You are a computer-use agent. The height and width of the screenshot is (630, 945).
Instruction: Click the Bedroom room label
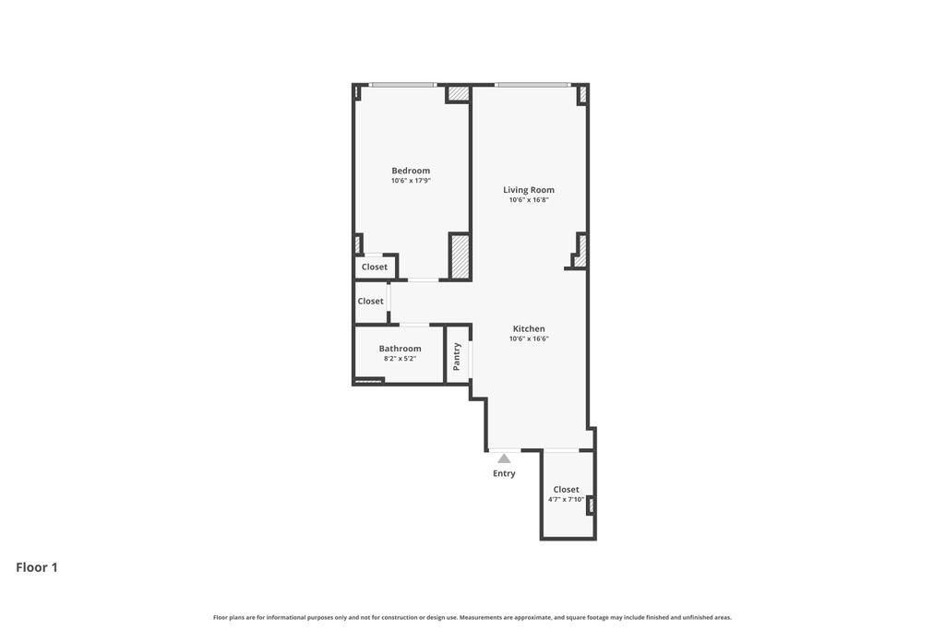(411, 171)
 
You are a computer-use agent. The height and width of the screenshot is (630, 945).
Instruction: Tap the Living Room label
(529, 190)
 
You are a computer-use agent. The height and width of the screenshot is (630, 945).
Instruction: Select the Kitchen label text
(529, 329)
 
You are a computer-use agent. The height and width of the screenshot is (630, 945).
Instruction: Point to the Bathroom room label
(400, 349)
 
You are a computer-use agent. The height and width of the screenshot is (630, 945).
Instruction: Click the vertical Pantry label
(457, 356)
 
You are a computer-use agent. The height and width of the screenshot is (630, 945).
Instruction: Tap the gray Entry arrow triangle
(504, 458)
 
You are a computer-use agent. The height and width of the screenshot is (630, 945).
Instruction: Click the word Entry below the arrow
(504, 473)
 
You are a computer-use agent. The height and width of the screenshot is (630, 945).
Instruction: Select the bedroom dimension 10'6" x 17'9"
(411, 181)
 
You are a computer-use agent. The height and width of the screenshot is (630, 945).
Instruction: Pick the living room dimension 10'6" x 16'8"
(529, 200)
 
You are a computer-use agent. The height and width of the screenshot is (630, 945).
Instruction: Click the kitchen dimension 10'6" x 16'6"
(529, 339)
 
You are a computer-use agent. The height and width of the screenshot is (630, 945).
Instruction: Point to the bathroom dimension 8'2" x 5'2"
(400, 359)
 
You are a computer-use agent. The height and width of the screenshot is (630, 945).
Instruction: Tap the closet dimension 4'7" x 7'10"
(566, 500)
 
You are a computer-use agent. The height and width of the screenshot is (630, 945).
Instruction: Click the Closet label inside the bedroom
(375, 267)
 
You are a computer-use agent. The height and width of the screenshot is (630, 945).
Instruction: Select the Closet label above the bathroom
(370, 301)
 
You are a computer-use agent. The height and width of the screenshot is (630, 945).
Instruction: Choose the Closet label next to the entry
(566, 490)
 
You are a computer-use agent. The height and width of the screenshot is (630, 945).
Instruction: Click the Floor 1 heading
(37, 567)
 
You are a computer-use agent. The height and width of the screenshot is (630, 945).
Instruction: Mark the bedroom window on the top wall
(402, 85)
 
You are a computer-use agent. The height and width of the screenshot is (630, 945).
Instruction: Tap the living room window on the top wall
(532, 85)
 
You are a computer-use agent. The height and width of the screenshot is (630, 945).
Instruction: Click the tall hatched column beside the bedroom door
(461, 256)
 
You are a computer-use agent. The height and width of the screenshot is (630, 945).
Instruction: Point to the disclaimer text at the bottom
(472, 617)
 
